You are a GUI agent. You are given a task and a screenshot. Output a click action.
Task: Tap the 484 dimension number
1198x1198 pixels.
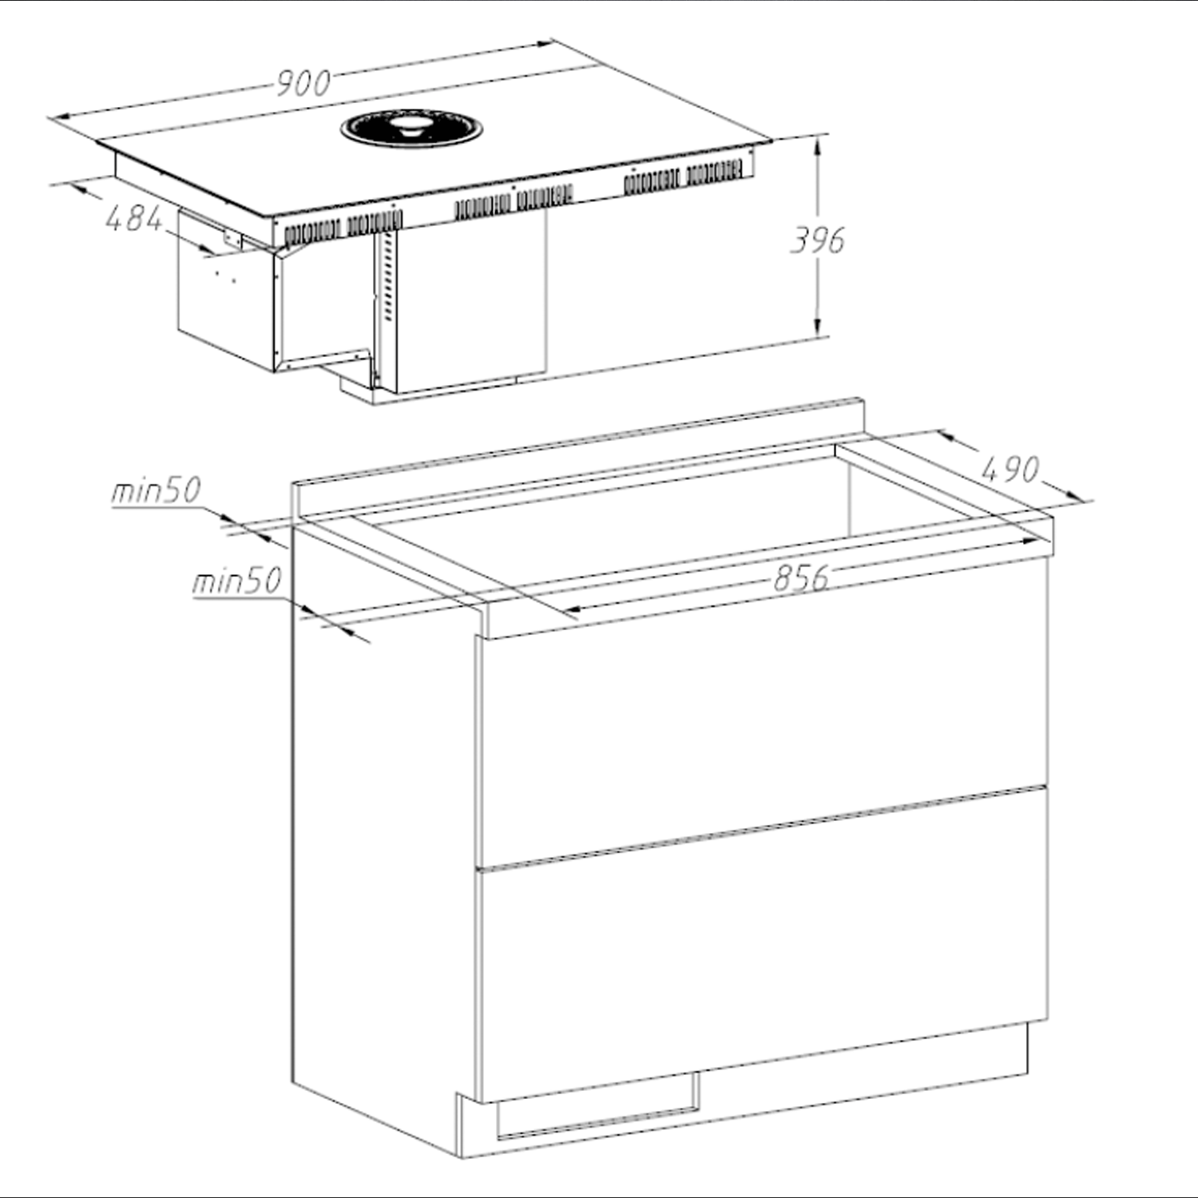pos(134,218)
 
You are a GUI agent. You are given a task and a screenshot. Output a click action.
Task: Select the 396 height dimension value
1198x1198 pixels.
pos(817,240)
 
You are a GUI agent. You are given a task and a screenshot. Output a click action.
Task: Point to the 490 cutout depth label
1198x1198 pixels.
pos(1010,469)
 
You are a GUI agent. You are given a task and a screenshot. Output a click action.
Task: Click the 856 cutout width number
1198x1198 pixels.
pos(800,577)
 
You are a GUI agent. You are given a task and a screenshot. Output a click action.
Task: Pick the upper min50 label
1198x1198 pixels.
pos(156,491)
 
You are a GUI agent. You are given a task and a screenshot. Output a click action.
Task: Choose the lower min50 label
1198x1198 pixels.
pos(236,581)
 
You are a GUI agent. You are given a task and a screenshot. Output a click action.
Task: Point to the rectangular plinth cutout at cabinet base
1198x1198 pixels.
pos(597,1106)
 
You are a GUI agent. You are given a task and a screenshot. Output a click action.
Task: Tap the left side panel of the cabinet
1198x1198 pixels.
pos(383,879)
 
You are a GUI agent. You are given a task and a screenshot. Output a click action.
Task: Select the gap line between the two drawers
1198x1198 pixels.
pos(763,827)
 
